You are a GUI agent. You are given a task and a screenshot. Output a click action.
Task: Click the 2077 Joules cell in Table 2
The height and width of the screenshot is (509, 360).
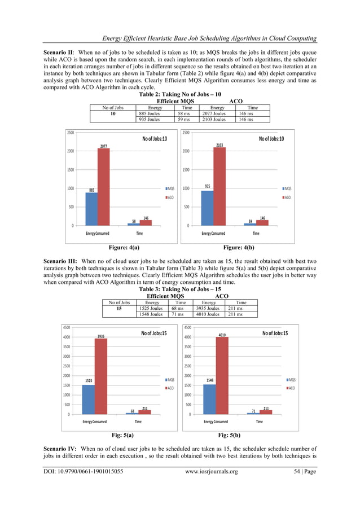(x=213, y=113)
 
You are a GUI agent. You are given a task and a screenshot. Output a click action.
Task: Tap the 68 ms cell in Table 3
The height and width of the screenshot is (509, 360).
(x=177, y=309)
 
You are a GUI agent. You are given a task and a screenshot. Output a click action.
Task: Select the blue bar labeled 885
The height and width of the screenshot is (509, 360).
(x=91, y=209)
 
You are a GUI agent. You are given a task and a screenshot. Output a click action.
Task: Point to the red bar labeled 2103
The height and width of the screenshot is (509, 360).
(x=219, y=186)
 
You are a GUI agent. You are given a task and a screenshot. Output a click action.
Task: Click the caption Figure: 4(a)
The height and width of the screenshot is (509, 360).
(x=124, y=247)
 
